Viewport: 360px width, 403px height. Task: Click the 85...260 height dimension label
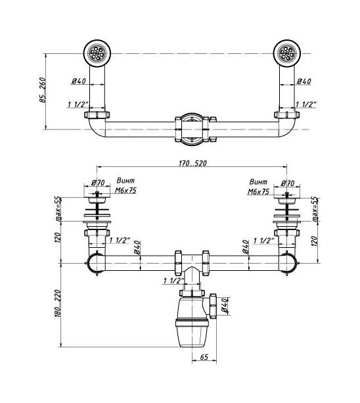click(43, 90)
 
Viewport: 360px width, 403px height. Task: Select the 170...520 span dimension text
click(192, 163)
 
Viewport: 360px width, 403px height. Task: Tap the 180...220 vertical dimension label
click(58, 303)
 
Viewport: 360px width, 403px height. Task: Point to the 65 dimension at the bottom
click(204, 357)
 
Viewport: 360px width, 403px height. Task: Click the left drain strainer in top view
click(97, 53)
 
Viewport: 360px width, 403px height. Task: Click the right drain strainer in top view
click(287, 53)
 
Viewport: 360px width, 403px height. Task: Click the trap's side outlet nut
click(213, 306)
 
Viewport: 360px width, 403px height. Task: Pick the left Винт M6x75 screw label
click(125, 185)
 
